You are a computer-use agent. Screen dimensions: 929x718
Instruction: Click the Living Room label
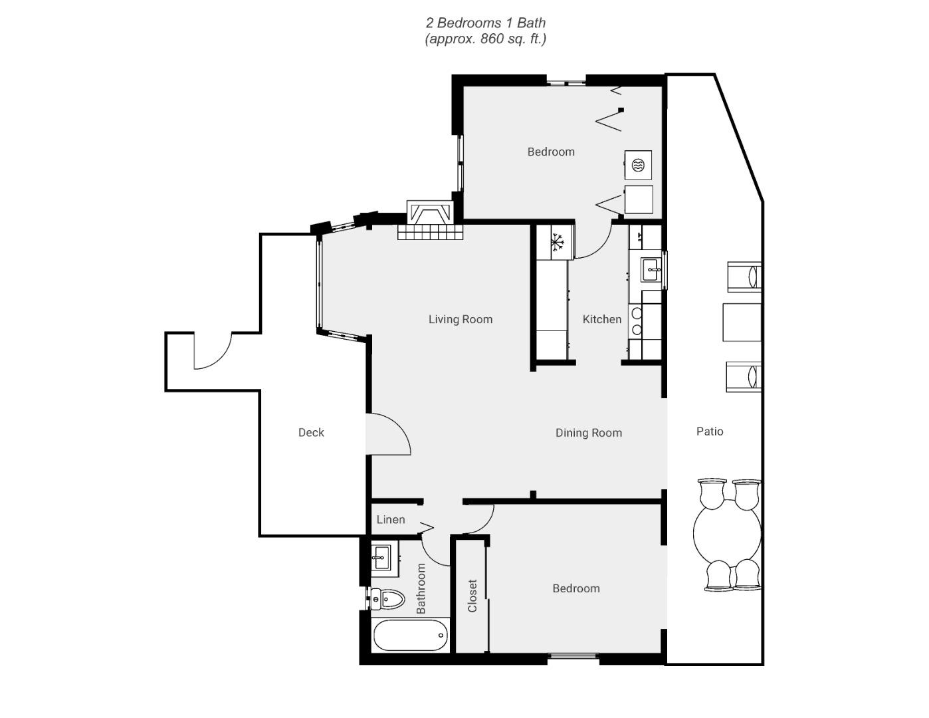[461, 320]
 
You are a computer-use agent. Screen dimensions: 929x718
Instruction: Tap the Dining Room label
[588, 433]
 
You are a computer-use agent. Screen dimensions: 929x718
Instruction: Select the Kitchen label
[602, 319]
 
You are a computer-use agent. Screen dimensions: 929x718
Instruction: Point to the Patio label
[710, 431]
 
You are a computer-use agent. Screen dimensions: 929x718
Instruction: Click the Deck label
[311, 432]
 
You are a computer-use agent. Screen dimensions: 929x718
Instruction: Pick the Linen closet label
[391, 520]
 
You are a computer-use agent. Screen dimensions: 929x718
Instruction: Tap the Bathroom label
[421, 588]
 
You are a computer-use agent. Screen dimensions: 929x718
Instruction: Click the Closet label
[472, 596]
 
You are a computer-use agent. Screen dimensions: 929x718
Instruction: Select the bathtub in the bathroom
[411, 635]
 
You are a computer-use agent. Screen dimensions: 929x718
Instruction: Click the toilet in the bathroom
[387, 599]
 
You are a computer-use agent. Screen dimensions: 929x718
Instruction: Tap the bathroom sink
[381, 558]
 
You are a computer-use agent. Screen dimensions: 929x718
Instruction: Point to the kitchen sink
[651, 270]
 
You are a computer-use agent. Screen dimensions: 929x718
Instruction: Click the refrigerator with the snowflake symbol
[556, 242]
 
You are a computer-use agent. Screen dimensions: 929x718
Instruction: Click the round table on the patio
[727, 535]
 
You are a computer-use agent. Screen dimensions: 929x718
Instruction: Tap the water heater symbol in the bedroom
[638, 165]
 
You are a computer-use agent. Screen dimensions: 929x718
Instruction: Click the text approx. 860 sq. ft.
[486, 39]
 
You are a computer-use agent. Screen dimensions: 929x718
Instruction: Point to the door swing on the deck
[213, 350]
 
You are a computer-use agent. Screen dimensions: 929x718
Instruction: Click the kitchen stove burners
[636, 321]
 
